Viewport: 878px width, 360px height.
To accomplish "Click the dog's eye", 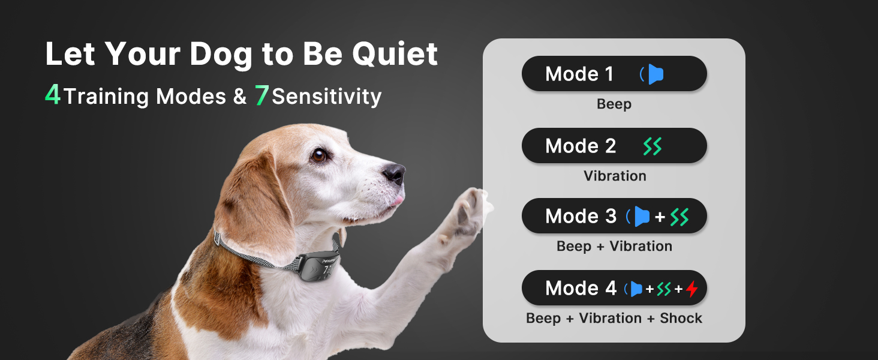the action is coord(318,155).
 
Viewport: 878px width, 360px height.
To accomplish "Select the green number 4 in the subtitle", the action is coord(53,95).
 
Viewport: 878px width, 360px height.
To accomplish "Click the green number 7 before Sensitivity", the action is coord(261,95).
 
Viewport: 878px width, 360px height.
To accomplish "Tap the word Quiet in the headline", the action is coord(395,54).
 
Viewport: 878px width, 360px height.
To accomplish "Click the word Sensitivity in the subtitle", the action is coord(326,97).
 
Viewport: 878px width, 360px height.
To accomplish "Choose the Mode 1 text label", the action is coord(579,74).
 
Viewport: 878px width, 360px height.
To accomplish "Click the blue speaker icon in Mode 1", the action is coord(653,74).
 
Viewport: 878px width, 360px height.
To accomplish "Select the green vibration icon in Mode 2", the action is coord(653,146).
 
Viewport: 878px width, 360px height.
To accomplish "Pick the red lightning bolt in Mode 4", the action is coord(692,289).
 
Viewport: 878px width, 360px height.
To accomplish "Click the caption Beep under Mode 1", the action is coord(614,104).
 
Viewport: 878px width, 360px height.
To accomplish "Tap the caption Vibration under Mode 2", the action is coord(615,176).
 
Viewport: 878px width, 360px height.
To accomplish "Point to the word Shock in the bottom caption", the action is coord(681,318).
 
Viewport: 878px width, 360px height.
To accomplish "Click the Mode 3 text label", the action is coord(581,216).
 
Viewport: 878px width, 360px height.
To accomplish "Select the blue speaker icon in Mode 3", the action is coord(639,217).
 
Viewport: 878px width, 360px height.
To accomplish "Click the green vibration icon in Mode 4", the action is coord(664,289).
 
